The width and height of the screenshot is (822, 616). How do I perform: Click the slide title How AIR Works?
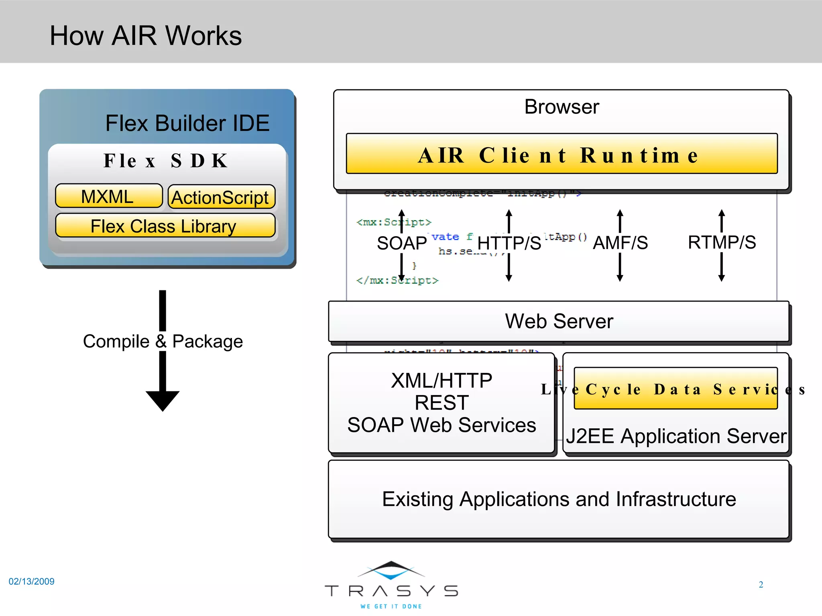pos(146,36)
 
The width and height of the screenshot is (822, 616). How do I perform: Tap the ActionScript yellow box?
pos(221,197)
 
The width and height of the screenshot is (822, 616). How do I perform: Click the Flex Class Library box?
pos(165,226)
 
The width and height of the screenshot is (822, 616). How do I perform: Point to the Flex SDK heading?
pos(166,161)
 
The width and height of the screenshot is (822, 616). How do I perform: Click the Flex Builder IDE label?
pos(187,123)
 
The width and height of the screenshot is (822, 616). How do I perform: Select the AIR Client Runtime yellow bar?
pos(561,155)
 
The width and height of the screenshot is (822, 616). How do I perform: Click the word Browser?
pos(561,107)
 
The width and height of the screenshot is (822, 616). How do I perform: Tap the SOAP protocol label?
pos(401,243)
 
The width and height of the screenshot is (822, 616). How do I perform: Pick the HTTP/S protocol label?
pos(509,243)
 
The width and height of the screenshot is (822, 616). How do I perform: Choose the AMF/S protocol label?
pos(620,243)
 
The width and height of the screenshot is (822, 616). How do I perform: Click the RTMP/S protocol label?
pos(722,242)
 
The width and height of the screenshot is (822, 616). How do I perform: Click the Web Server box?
pos(559,321)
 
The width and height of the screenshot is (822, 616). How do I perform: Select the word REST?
pos(442,403)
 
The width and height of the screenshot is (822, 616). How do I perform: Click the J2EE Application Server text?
pos(676,436)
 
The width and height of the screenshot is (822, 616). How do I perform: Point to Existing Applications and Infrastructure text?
pos(559,499)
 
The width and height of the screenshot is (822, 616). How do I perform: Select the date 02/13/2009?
pos(32,582)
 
